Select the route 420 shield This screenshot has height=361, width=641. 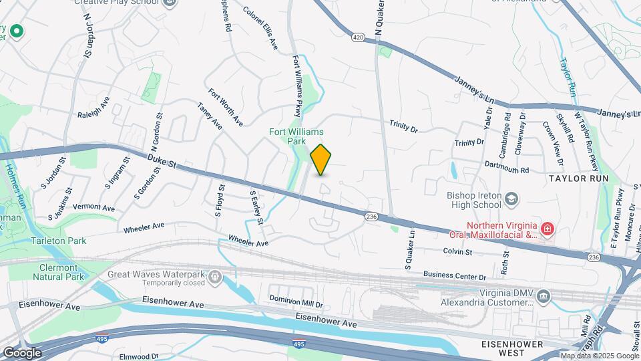coord(359,38)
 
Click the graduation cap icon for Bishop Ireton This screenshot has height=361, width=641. coord(511,199)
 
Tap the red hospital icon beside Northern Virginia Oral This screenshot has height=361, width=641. coord(548,230)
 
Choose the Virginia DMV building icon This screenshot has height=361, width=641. coord(544,295)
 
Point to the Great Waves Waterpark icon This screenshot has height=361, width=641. coord(214,277)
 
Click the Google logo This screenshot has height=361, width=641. coord(22,352)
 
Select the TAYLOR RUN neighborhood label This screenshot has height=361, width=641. coord(579,179)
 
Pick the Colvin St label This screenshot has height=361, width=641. coord(457,251)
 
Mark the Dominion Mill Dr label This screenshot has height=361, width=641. coord(296,302)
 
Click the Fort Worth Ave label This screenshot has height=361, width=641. coord(225,107)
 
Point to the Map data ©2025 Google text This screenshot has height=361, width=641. coord(600,356)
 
